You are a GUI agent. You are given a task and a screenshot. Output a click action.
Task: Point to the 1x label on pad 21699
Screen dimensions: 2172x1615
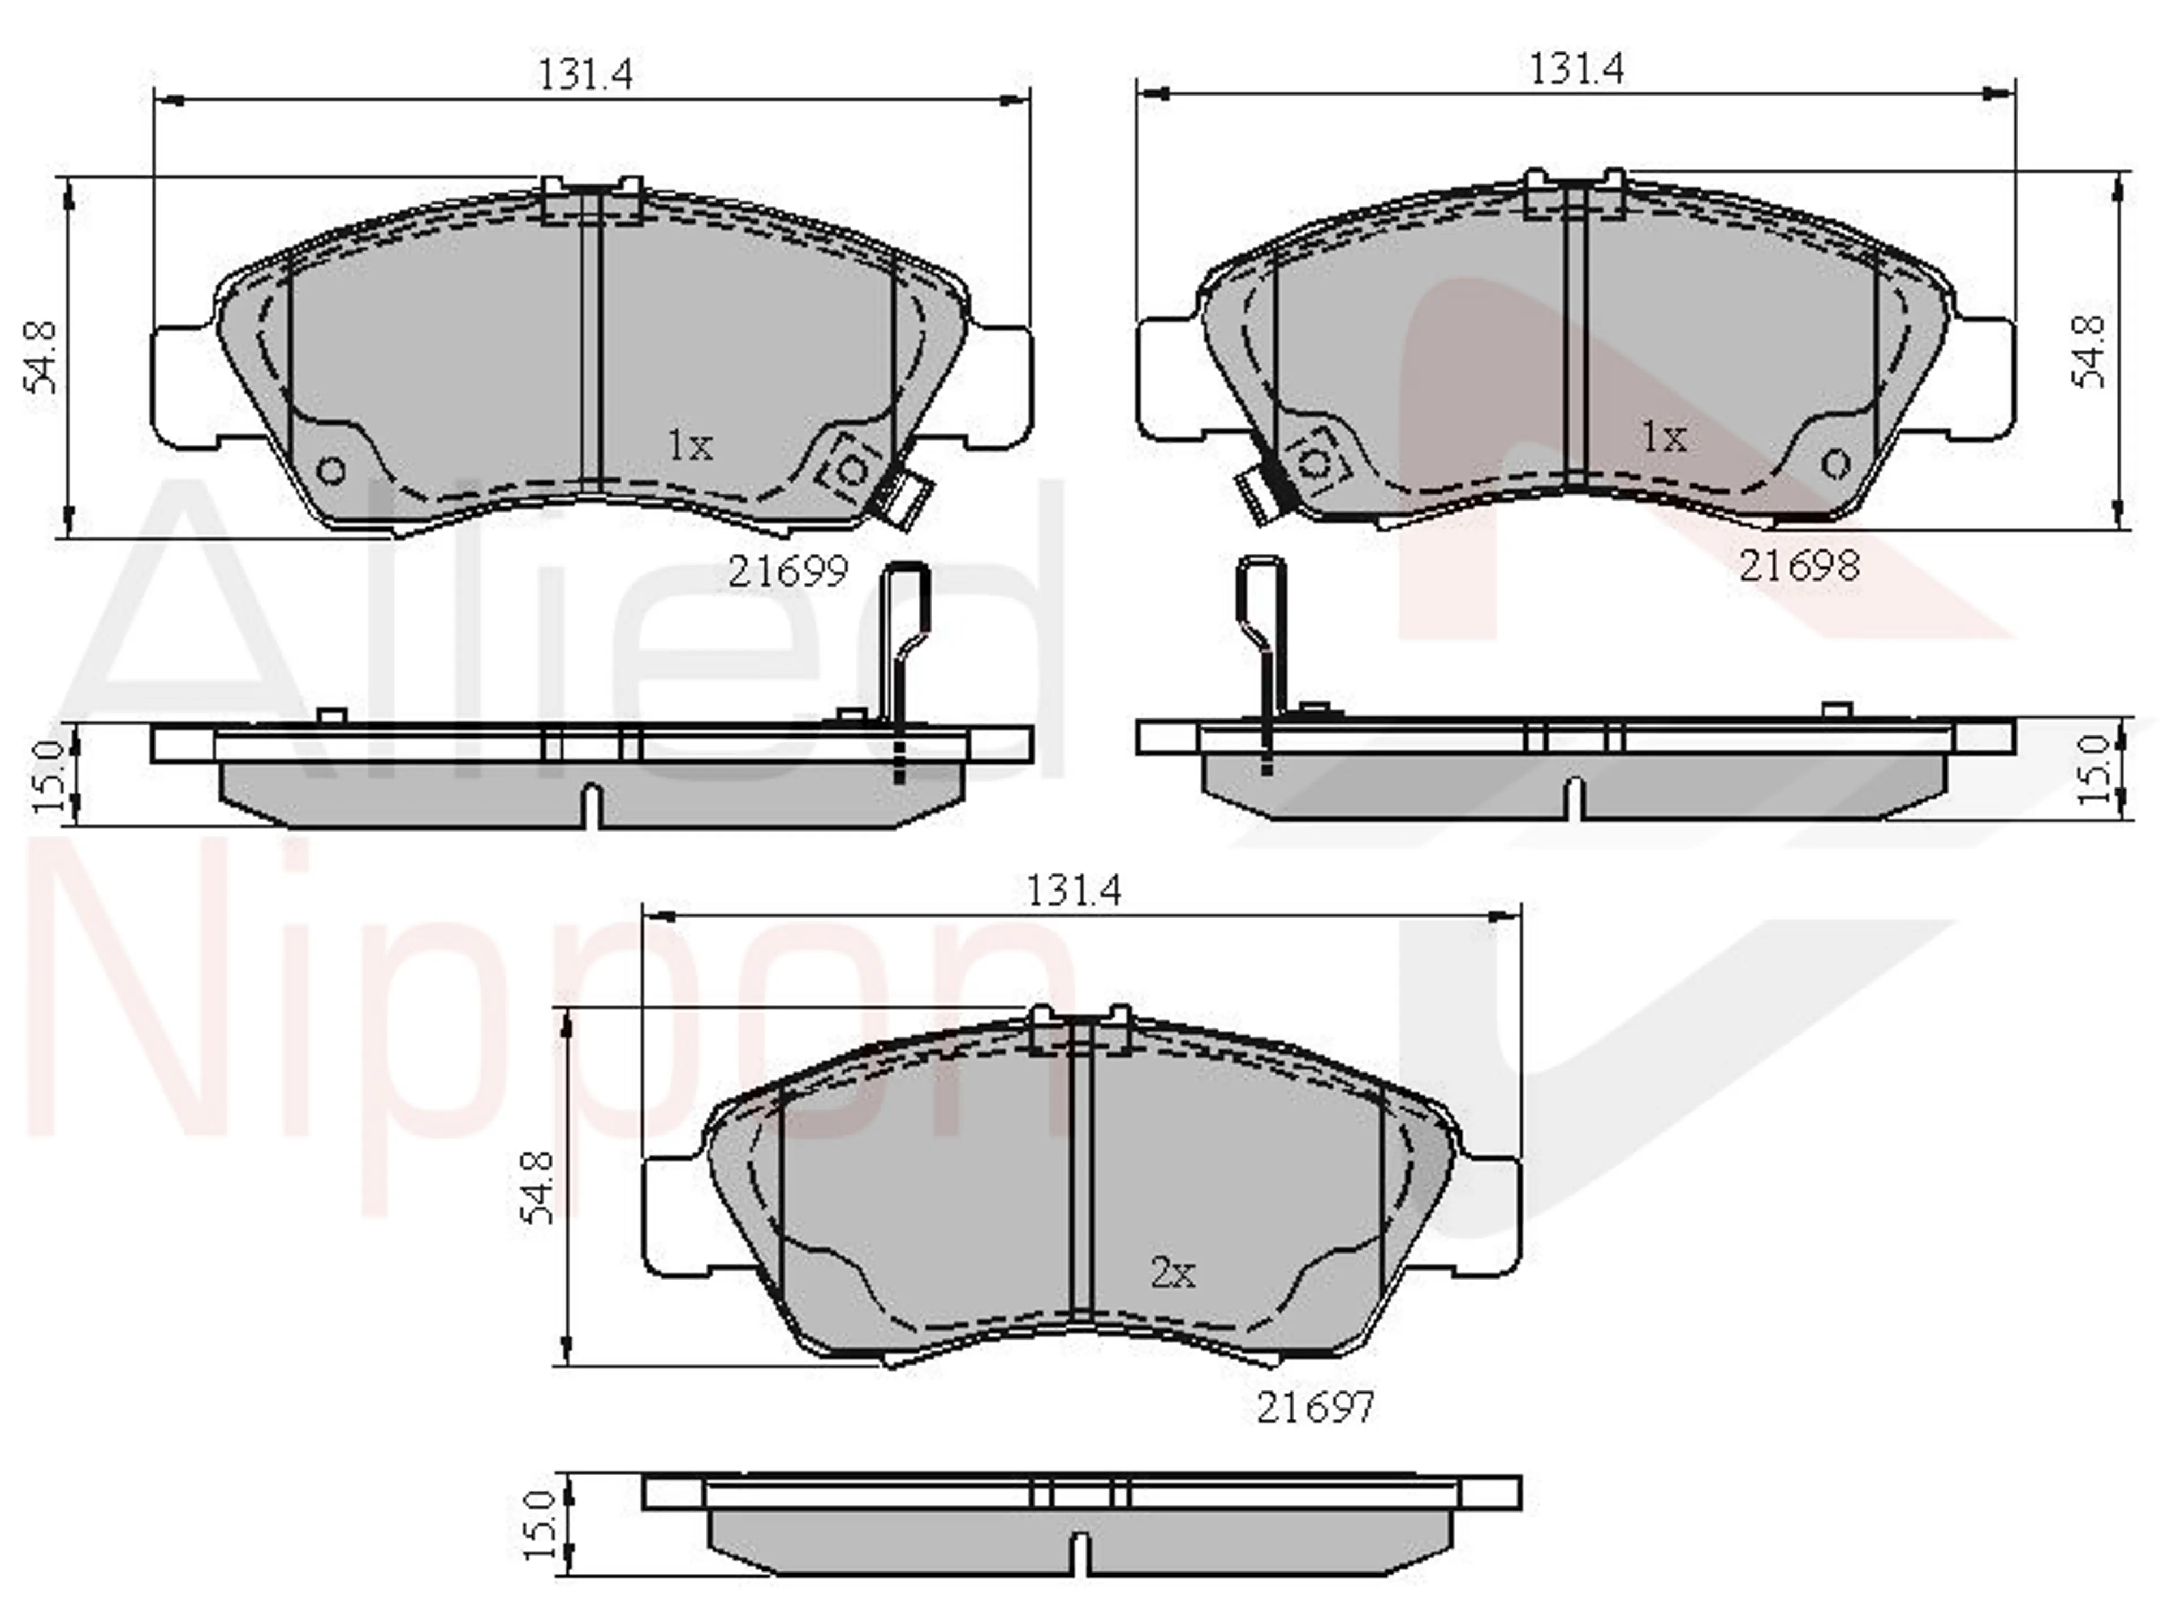(x=690, y=446)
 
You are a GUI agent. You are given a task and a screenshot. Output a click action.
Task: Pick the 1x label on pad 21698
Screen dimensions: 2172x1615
(x=1664, y=438)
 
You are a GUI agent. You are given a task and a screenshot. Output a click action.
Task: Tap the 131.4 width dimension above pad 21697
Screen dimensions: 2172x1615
(x=1074, y=890)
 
